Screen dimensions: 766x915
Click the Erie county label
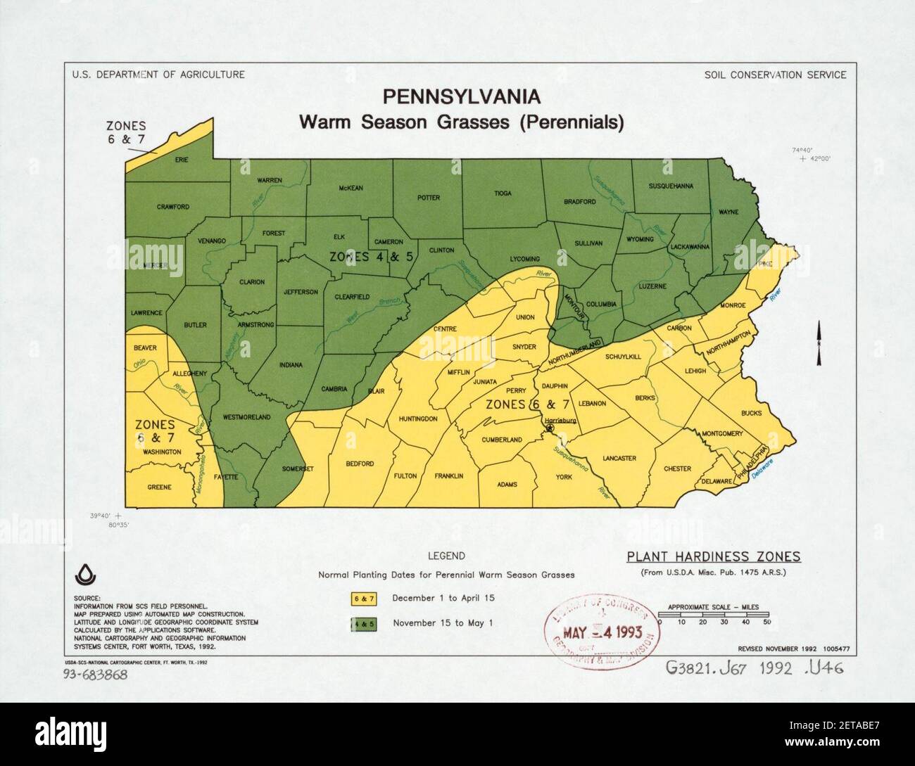coord(182,160)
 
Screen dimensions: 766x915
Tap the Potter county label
coord(428,198)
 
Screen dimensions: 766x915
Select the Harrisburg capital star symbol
coord(550,428)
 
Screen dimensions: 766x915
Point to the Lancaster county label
coord(619,458)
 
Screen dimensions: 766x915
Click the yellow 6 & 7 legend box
coord(365,599)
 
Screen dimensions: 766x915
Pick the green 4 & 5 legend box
coord(365,623)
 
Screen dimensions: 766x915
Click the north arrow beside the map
coord(819,343)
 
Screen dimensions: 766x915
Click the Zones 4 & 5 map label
coord(371,257)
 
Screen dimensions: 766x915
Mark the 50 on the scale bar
coord(766,622)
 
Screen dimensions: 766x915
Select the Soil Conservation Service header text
coord(775,75)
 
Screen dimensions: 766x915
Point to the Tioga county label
coord(503,193)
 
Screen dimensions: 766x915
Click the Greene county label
coord(159,487)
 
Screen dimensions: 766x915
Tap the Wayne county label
coord(728,212)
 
